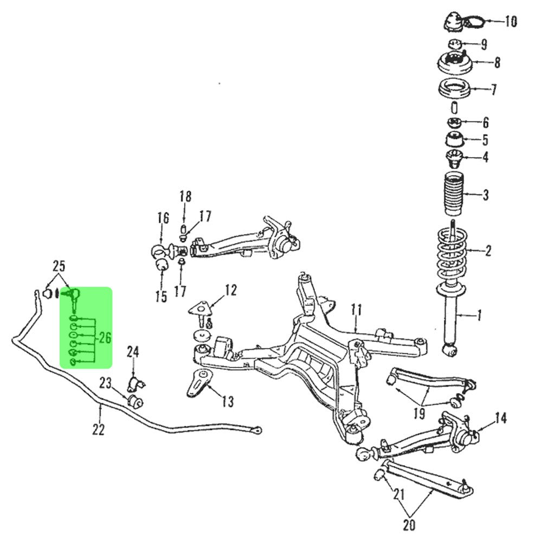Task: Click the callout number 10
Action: (x=511, y=22)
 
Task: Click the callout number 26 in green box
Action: (x=104, y=339)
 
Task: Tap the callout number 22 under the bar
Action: (x=98, y=429)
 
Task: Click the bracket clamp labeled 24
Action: (x=135, y=384)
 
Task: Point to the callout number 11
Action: (x=356, y=311)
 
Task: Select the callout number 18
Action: (x=185, y=196)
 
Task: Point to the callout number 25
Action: (x=59, y=266)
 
